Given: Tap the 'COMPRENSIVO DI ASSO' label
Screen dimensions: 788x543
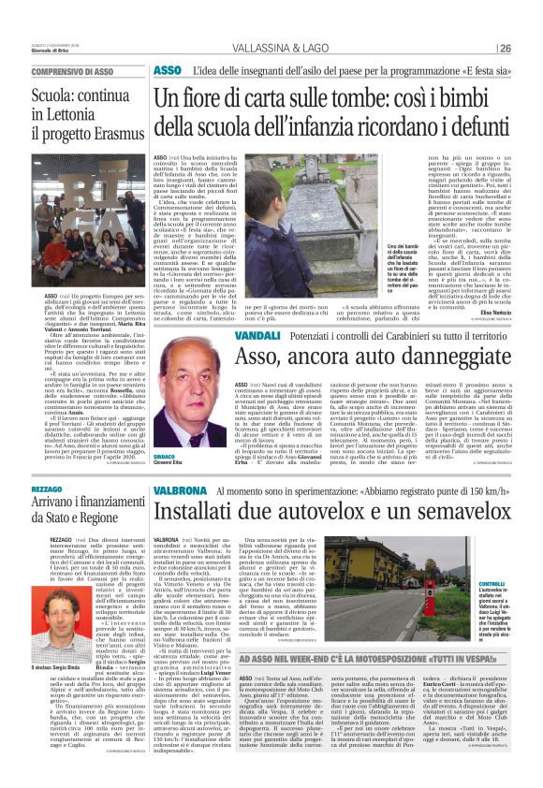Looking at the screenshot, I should tap(72, 71).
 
